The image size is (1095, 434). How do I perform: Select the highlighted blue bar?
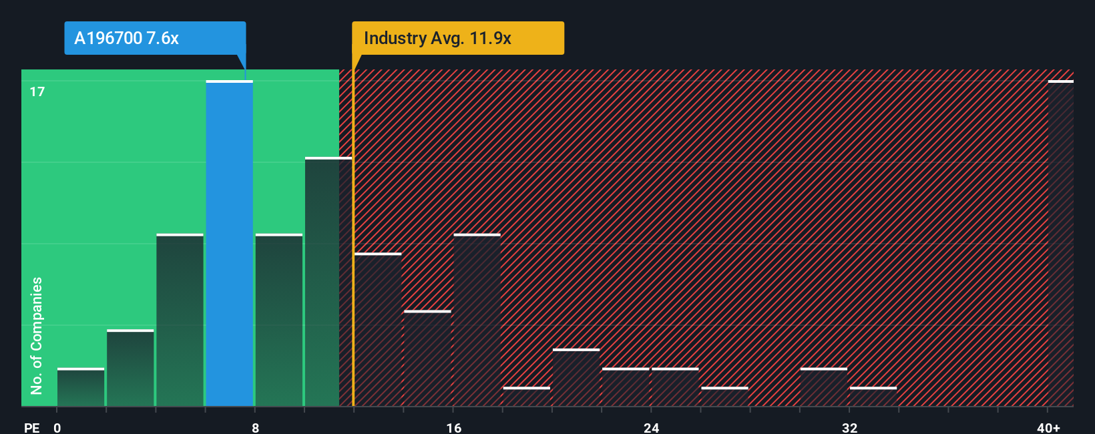click(230, 244)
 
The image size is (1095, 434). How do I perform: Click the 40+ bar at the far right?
click(1060, 244)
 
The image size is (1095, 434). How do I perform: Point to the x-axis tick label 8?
click(255, 427)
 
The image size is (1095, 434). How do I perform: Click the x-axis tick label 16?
click(453, 427)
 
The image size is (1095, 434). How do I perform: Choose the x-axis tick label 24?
click(651, 427)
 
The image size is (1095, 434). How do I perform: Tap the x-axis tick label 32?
click(849, 427)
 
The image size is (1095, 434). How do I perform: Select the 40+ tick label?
click(1048, 427)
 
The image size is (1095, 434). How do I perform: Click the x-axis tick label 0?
click(57, 427)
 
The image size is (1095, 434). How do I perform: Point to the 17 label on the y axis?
click(37, 91)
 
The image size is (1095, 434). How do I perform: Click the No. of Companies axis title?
click(37, 335)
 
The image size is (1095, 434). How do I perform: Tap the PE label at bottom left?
click(31, 427)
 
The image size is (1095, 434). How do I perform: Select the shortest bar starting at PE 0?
click(81, 387)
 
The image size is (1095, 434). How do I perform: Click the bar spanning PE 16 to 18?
click(477, 320)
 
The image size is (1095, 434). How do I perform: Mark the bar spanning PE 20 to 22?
click(576, 378)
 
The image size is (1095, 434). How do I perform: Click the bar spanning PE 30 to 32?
click(824, 387)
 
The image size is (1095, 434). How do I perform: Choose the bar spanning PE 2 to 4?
click(130, 368)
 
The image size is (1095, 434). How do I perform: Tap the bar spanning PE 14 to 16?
click(427, 359)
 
